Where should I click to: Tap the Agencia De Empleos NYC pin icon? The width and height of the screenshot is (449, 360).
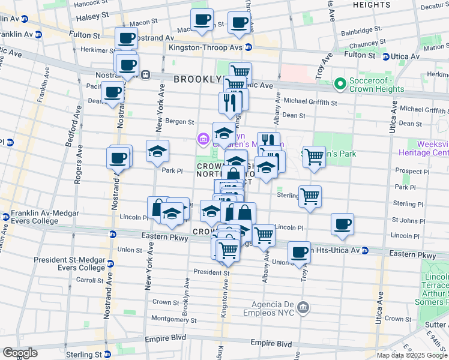(x=304, y=308)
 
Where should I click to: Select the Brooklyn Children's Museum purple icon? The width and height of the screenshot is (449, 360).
(x=203, y=140)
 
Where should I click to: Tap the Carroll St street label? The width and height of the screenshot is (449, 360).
(x=90, y=280)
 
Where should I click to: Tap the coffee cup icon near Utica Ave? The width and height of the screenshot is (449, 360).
(x=342, y=225)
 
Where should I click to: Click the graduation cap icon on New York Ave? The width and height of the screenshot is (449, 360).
(x=157, y=152)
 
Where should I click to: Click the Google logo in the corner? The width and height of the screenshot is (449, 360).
(x=20, y=353)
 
